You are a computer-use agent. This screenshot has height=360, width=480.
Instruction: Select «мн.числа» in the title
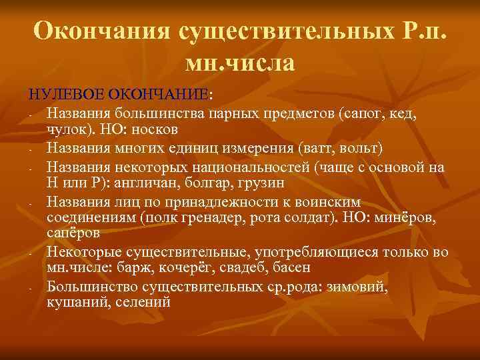[x=240, y=63]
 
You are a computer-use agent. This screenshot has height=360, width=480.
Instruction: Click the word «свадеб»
[x=243, y=269]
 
